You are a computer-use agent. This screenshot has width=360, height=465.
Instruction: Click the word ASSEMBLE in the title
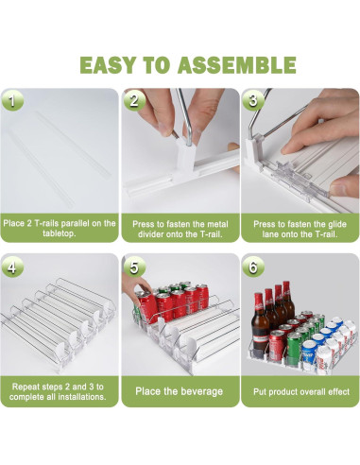coord(236,65)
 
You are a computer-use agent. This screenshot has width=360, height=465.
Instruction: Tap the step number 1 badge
coord(12,101)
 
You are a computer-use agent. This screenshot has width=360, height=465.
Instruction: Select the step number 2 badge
coord(134,101)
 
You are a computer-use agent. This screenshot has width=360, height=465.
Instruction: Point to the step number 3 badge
coord(253,101)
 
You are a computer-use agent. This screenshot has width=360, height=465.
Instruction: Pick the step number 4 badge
coord(12,267)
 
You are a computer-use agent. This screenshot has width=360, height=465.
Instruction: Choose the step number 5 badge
coord(134,267)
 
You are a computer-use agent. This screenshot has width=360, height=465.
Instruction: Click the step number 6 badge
coord(253,267)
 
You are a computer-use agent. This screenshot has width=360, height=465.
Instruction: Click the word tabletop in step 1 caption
coord(59,233)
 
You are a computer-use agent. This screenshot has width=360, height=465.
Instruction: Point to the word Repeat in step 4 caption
coord(26,387)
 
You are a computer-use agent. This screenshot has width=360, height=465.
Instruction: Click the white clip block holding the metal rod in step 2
coord(186,158)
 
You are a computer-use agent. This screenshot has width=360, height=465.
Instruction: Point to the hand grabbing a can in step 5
coord(134,286)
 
